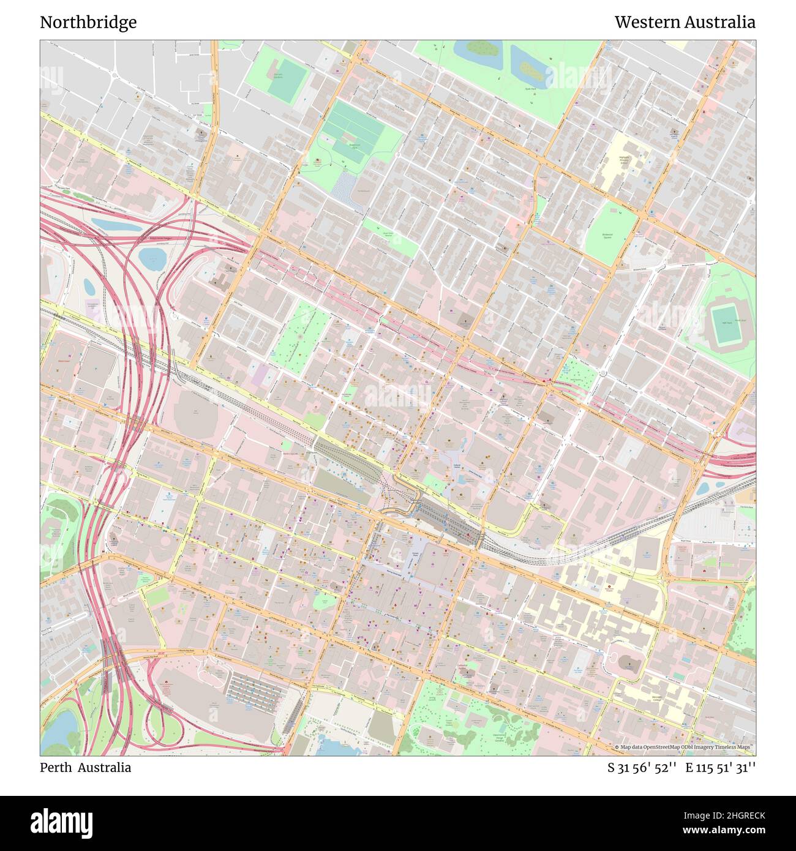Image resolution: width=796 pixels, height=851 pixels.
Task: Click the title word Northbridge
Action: [88, 23]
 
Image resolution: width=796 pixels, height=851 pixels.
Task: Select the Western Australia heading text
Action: [685, 23]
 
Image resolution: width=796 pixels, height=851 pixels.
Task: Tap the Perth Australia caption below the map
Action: [85, 768]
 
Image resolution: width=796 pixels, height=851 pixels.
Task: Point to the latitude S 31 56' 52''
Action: [642, 768]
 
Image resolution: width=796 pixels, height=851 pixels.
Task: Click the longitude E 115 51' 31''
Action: [720, 768]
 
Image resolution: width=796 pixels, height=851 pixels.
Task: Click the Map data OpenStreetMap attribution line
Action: [685, 747]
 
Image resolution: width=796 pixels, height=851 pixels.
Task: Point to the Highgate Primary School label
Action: [624, 160]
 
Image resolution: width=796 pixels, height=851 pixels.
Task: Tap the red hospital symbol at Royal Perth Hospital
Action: [609, 587]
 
